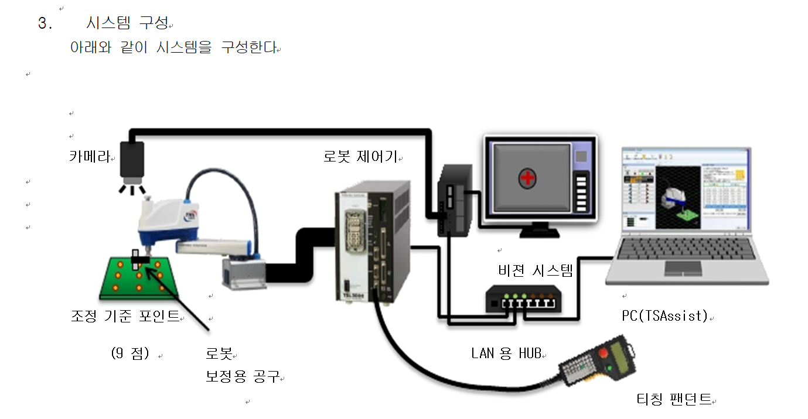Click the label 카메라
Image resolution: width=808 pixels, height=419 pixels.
point(90,156)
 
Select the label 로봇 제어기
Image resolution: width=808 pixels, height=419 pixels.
point(360,156)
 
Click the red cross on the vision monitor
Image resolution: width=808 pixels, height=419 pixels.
point(527,178)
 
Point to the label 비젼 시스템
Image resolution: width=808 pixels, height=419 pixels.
point(536,270)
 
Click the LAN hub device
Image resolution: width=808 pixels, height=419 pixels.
point(523,298)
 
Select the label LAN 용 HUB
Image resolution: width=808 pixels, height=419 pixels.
point(506,353)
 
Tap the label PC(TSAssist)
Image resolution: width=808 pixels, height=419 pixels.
point(665,315)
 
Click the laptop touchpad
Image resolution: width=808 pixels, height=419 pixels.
point(683,268)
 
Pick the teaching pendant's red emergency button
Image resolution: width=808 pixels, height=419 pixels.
point(603,353)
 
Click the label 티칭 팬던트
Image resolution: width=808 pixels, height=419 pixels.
point(674,399)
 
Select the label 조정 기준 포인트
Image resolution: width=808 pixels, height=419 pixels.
point(125,316)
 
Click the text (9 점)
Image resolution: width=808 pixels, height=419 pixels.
point(130,353)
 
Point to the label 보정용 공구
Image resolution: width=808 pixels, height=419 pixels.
point(243,376)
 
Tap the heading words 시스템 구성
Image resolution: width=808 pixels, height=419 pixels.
point(127,23)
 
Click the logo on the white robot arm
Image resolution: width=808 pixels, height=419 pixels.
point(190,215)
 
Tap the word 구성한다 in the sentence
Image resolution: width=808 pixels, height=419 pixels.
point(249,47)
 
